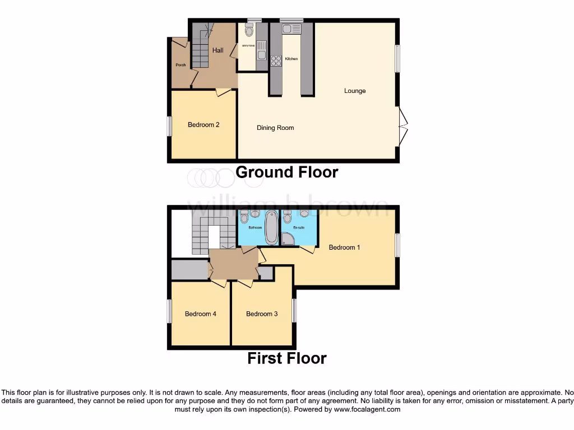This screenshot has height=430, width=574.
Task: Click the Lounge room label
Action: (355, 91)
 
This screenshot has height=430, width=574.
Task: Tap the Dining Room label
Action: (275, 128)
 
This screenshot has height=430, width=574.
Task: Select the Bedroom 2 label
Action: (203, 125)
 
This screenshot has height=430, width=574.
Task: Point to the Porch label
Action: (180, 65)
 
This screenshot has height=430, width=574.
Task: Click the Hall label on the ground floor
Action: (217, 50)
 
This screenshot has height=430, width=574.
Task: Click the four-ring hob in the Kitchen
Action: (276, 61)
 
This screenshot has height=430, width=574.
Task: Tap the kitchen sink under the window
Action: (291, 29)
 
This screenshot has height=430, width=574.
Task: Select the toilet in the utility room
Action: (249, 31)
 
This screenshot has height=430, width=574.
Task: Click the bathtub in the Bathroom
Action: (271, 227)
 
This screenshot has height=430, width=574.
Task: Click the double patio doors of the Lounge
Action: (403, 126)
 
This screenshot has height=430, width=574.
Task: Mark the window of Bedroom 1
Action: (397, 245)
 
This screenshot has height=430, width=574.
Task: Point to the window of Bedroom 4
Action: (169, 311)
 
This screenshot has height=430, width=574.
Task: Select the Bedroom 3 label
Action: (262, 314)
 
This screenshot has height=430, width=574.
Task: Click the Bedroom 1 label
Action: (344, 247)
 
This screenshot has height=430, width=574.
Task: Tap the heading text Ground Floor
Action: (286, 172)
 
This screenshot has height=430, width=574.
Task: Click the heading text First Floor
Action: (286, 358)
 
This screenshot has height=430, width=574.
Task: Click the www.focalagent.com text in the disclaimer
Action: (367, 409)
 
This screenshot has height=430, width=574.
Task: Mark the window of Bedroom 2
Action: (169, 125)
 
